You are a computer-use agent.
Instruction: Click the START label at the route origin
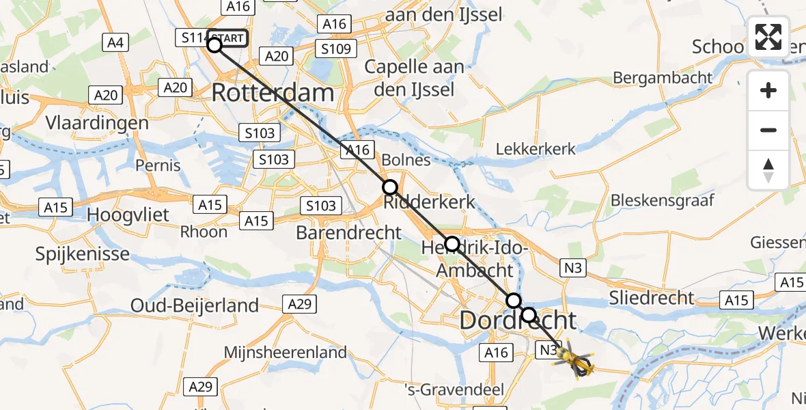pyautogui.click(x=227, y=38)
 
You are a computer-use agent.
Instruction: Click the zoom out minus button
pyautogui.click(x=768, y=130)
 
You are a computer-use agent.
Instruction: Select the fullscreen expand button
pyautogui.click(x=768, y=37)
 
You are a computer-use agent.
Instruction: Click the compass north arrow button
pyautogui.click(x=768, y=170)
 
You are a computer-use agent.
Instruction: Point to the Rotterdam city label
pyautogui.click(x=273, y=93)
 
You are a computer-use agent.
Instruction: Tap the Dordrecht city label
pyautogui.click(x=518, y=320)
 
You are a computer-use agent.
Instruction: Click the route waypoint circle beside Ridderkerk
pyautogui.click(x=389, y=187)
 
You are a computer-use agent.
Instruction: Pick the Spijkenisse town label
pyautogui.click(x=82, y=255)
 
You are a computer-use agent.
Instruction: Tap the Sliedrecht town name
pyautogui.click(x=653, y=298)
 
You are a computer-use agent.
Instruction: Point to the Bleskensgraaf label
pyautogui.click(x=662, y=200)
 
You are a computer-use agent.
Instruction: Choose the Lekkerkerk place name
pyautogui.click(x=536, y=149)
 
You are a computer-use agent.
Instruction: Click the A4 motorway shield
pyautogui.click(x=115, y=43)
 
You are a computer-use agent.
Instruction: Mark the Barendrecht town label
pyautogui.click(x=349, y=232)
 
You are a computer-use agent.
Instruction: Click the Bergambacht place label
pyautogui.click(x=663, y=77)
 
